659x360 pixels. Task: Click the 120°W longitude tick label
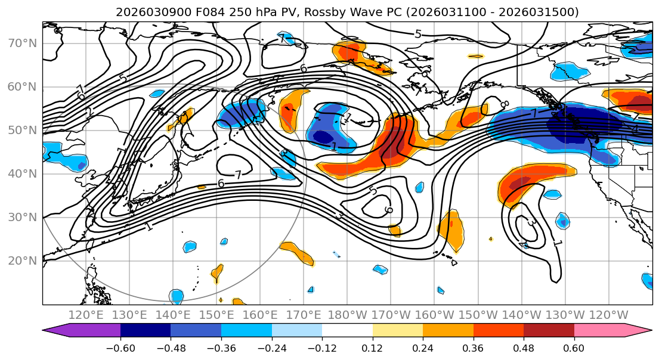pyautogui.click(x=609, y=315)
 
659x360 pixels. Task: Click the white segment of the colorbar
pyautogui.click(x=347, y=331)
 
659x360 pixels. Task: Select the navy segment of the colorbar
pyautogui.click(x=145, y=331)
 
